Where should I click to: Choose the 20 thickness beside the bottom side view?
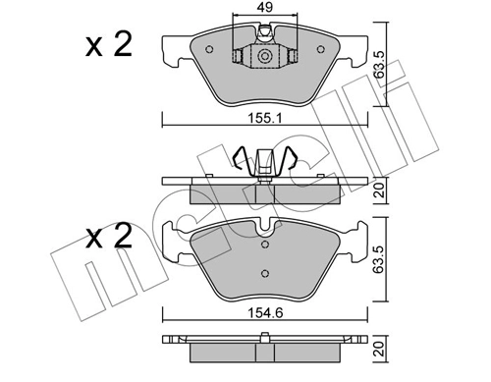(380, 351)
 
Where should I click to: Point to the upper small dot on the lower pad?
(262, 241)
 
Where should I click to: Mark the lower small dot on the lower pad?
(262, 272)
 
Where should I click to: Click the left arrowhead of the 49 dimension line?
(232, 21)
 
